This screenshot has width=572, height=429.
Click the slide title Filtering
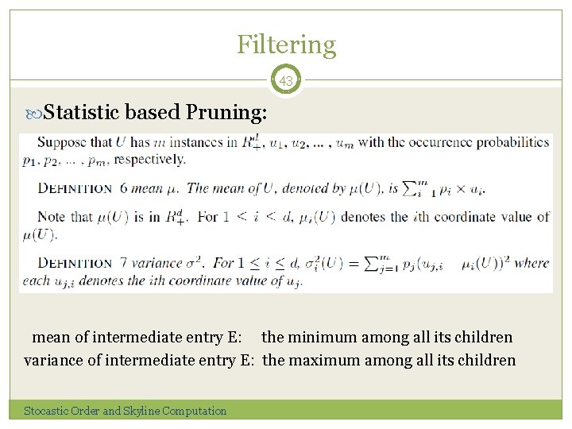click(x=286, y=44)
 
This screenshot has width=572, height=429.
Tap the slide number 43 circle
click(x=286, y=80)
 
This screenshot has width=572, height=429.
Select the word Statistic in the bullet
click(x=81, y=114)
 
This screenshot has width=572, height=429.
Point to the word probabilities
click(x=512, y=143)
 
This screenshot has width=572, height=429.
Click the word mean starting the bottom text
click(x=49, y=338)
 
